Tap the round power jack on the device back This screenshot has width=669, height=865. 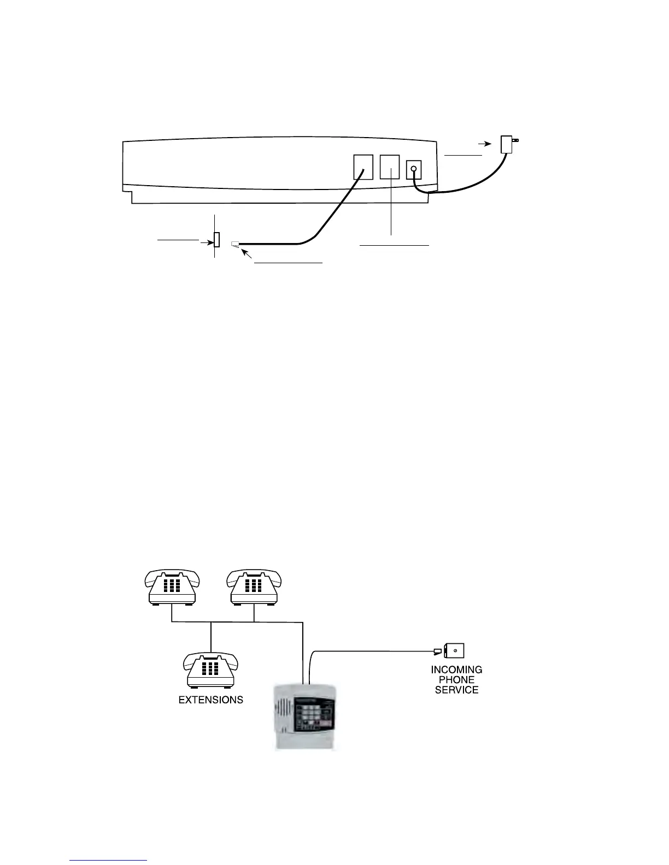tap(414, 169)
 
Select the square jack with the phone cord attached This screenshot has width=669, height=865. tap(363, 167)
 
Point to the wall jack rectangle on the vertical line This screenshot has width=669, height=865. tap(216, 240)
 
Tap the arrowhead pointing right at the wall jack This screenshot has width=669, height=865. tap(209, 240)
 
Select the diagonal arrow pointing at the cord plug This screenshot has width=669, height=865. tap(247, 254)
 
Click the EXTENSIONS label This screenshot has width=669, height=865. tap(211, 700)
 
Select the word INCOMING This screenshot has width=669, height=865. tap(456, 670)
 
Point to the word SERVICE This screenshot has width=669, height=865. tap(456, 690)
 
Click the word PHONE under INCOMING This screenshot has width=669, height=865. tap(456, 680)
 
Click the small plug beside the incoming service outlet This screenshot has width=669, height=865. tap(437, 651)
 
